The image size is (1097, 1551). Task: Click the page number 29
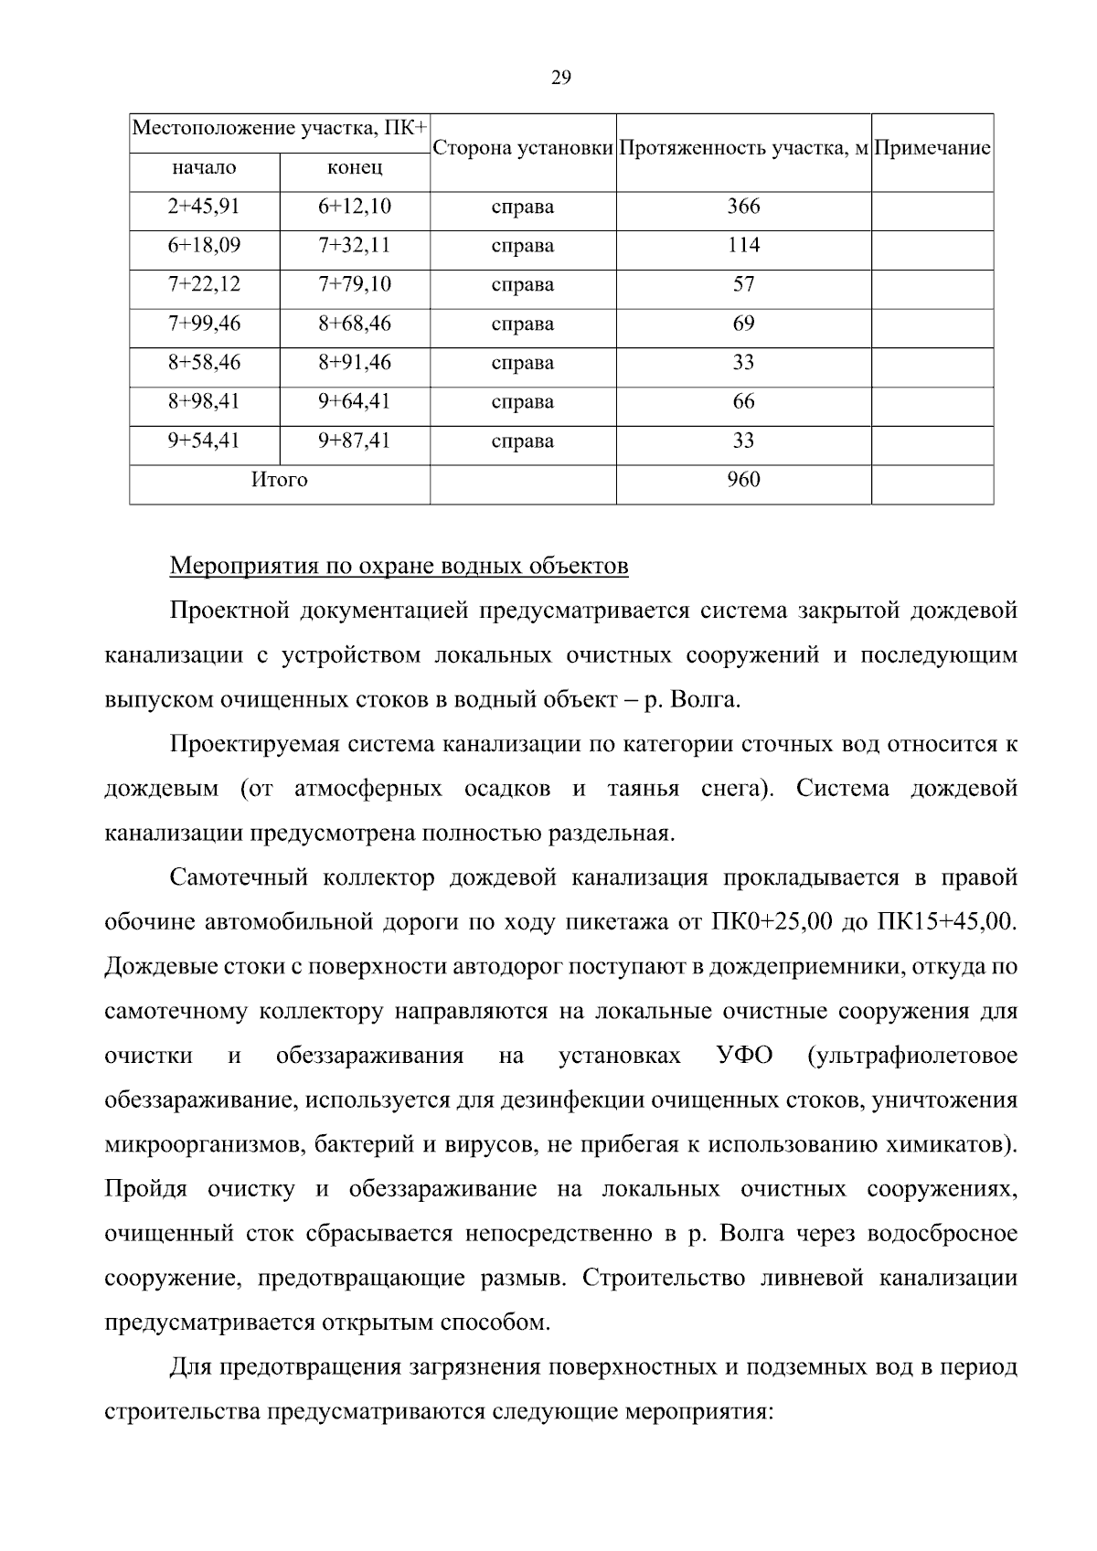click(x=560, y=79)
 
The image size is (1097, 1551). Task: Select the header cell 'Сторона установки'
click(x=522, y=149)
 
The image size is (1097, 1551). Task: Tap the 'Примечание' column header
click(x=932, y=149)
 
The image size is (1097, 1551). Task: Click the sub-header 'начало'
click(x=204, y=168)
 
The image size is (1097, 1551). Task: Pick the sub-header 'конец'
click(x=355, y=168)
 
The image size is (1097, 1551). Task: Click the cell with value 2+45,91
click(x=204, y=207)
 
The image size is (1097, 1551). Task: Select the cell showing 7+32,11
click(x=355, y=246)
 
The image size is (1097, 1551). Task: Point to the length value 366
click(x=743, y=207)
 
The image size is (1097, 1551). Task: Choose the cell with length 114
click(x=743, y=246)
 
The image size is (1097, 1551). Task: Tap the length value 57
click(x=743, y=284)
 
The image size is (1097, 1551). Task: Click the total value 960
click(x=743, y=480)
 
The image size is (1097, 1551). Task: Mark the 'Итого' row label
click(x=280, y=480)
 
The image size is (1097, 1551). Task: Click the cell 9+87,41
click(x=355, y=441)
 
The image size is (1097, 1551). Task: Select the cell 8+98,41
click(x=204, y=402)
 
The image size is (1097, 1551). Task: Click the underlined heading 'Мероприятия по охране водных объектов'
click(x=399, y=567)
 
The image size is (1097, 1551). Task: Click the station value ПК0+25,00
click(x=771, y=922)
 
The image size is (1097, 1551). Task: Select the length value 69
click(x=743, y=324)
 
